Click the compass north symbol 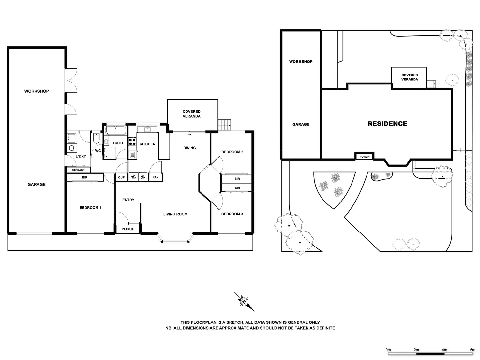pos(244,302)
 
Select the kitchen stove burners pos(132,142)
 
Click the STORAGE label pos(78,170)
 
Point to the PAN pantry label pos(156,177)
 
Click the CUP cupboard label pos(121,177)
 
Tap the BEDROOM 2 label pos(232,152)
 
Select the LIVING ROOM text pos(175,214)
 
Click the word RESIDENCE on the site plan pos(387,124)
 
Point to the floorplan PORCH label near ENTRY pos(128,229)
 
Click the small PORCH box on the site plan pos(365,157)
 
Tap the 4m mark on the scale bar pos(444,350)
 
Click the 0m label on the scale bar pos(388,350)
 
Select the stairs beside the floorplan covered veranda pos(224,125)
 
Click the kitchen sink pos(147,129)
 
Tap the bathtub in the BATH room pos(116,131)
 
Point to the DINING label pos(189,148)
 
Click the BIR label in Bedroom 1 pos(85,177)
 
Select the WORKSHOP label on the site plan pos(301,61)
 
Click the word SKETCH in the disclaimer pos(232,322)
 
